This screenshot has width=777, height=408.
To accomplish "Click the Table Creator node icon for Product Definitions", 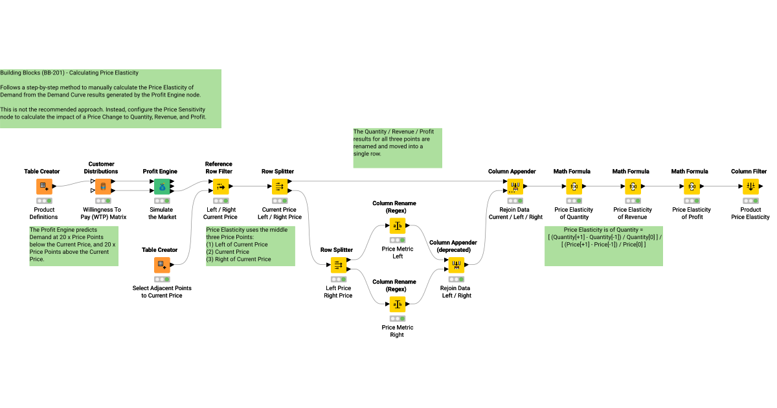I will pos(44,187).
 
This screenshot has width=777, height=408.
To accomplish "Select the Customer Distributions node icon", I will pos(102,187).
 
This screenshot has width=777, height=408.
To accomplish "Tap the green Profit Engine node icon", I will pos(161,187).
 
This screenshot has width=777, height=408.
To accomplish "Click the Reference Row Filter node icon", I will pos(221,187).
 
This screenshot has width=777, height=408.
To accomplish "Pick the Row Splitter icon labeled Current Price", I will pos(280,187).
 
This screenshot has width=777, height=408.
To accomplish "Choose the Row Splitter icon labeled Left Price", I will pos(339,265).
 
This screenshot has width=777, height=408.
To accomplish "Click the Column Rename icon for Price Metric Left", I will pos(398,226).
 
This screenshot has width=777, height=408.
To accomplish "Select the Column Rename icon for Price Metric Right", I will pos(398,304).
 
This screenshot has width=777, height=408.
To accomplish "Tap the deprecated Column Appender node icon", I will pos(456,265).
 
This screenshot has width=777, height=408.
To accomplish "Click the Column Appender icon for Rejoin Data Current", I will pos(515,187).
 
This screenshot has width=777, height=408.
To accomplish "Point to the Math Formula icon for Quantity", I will pos(574,187).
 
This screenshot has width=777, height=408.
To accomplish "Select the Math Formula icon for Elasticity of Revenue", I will pos(633,187).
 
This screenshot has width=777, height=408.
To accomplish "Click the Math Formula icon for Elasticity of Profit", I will pos(692,187).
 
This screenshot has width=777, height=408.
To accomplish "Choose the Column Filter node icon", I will pos(750,187).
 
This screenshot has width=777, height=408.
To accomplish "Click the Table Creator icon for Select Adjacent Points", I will pos(161,265).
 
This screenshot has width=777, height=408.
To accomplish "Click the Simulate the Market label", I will pos(161,213).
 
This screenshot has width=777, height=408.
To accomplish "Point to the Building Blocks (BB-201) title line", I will pos(69,73).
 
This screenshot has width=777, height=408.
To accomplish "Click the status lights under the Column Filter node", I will pos(750,201).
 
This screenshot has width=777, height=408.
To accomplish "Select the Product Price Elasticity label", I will pos(750,213).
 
